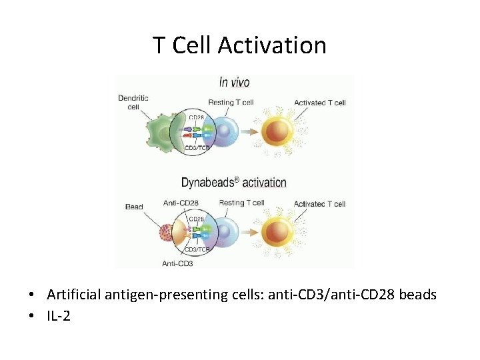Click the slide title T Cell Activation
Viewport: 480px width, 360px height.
[x=239, y=45]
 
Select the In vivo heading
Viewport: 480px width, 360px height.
[x=234, y=83]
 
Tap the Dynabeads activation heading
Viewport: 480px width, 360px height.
[x=233, y=182]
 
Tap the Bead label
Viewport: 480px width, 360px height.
[x=134, y=207]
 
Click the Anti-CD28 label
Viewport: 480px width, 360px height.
[x=181, y=203]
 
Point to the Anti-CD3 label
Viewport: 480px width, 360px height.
[x=178, y=263]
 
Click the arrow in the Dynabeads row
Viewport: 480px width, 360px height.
[x=253, y=231]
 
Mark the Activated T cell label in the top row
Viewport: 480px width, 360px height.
[x=319, y=103]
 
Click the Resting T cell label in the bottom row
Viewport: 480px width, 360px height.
[x=241, y=203]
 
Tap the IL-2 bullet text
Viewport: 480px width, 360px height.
[x=59, y=316]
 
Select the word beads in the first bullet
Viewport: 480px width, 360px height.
[x=417, y=294]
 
